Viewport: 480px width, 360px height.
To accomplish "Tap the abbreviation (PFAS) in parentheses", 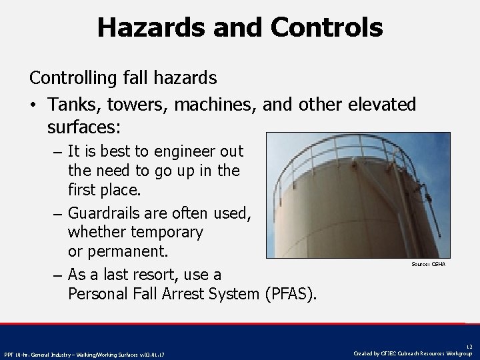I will pos(291,293).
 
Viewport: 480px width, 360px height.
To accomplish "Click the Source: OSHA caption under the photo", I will pos(429,265).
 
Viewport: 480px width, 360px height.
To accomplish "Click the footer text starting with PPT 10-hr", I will pos(85,354).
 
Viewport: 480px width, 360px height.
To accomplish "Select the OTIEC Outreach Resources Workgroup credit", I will pos(413,353).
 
